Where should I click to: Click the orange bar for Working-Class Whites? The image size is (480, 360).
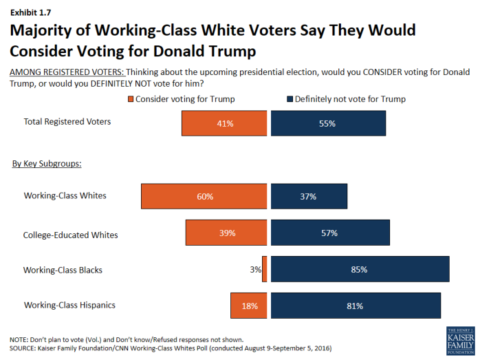(204, 196)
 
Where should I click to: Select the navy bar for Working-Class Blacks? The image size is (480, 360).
(360, 270)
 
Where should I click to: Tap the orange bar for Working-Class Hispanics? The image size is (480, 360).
(248, 305)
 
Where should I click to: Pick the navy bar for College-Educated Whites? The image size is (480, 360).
(330, 233)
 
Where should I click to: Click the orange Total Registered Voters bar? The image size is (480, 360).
(223, 124)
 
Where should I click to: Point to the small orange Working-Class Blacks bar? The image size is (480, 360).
(264, 270)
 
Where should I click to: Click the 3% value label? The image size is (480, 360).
(255, 270)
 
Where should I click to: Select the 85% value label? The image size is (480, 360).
(359, 270)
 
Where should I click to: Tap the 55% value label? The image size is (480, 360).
(327, 124)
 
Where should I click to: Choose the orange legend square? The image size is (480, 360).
(130, 99)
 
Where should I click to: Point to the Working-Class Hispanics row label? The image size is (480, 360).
(69, 305)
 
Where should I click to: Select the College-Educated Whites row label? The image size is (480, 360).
(70, 235)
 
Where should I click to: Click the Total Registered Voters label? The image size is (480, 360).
(67, 122)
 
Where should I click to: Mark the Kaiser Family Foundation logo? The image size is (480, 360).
(459, 341)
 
